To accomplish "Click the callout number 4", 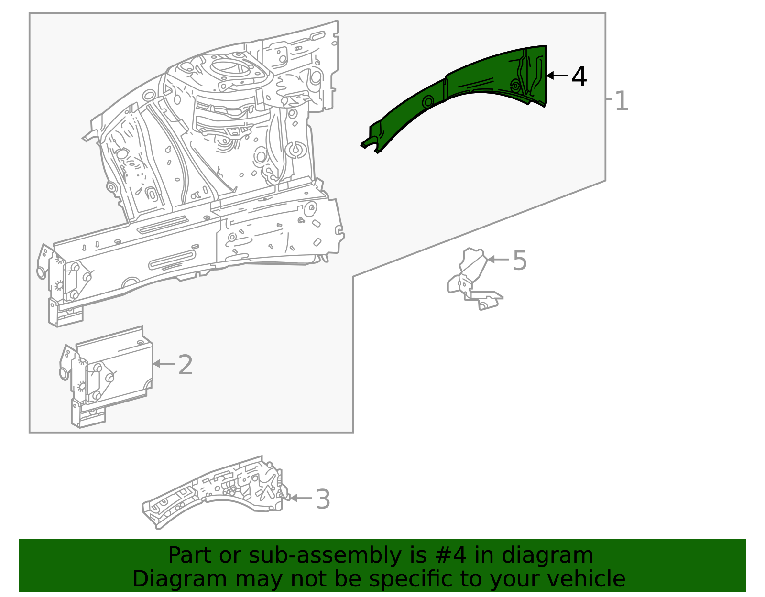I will tap(579, 76).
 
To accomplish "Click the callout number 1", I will tap(621, 101).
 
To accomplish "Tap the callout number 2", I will tap(185, 365).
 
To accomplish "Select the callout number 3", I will tap(323, 499).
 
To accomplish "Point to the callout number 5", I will tap(519, 261).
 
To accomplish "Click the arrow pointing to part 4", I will tap(557, 76).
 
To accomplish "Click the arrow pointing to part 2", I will tap(164, 364).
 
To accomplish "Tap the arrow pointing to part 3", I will tap(301, 498).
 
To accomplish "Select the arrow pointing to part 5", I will tap(498, 260).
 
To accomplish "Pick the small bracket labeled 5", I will tap(471, 282).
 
